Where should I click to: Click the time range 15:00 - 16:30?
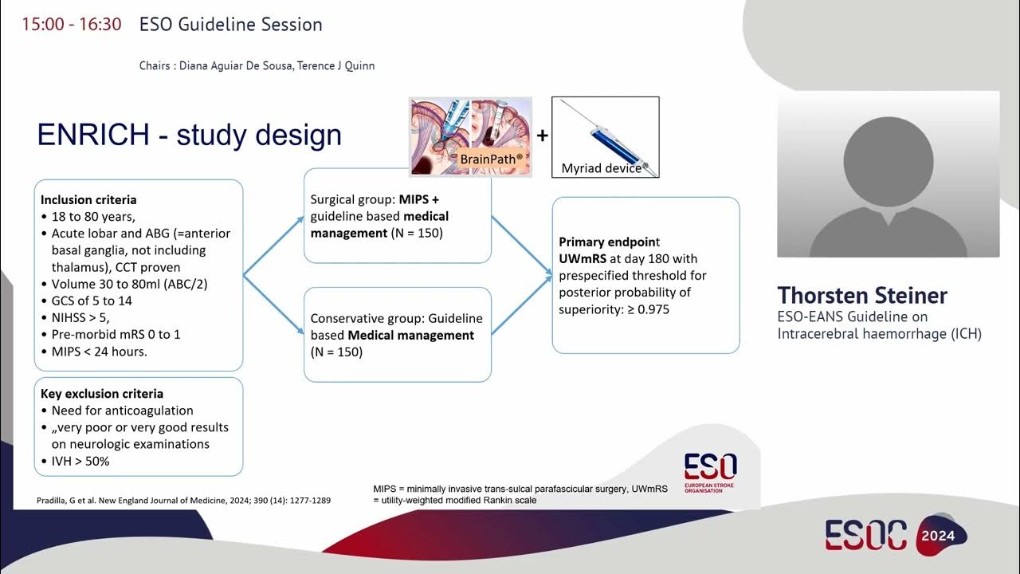tap(72, 24)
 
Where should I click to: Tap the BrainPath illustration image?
tap(469, 136)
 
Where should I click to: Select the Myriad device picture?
tap(605, 136)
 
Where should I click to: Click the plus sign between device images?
tap(542, 136)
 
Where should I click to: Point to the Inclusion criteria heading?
tap(88, 200)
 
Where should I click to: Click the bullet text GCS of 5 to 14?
tap(92, 301)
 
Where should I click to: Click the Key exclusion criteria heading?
tap(102, 394)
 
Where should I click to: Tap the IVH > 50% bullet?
tap(80, 461)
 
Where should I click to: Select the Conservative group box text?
tap(396, 335)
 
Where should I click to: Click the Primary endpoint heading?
tap(610, 242)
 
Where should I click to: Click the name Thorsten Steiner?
tap(862, 295)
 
